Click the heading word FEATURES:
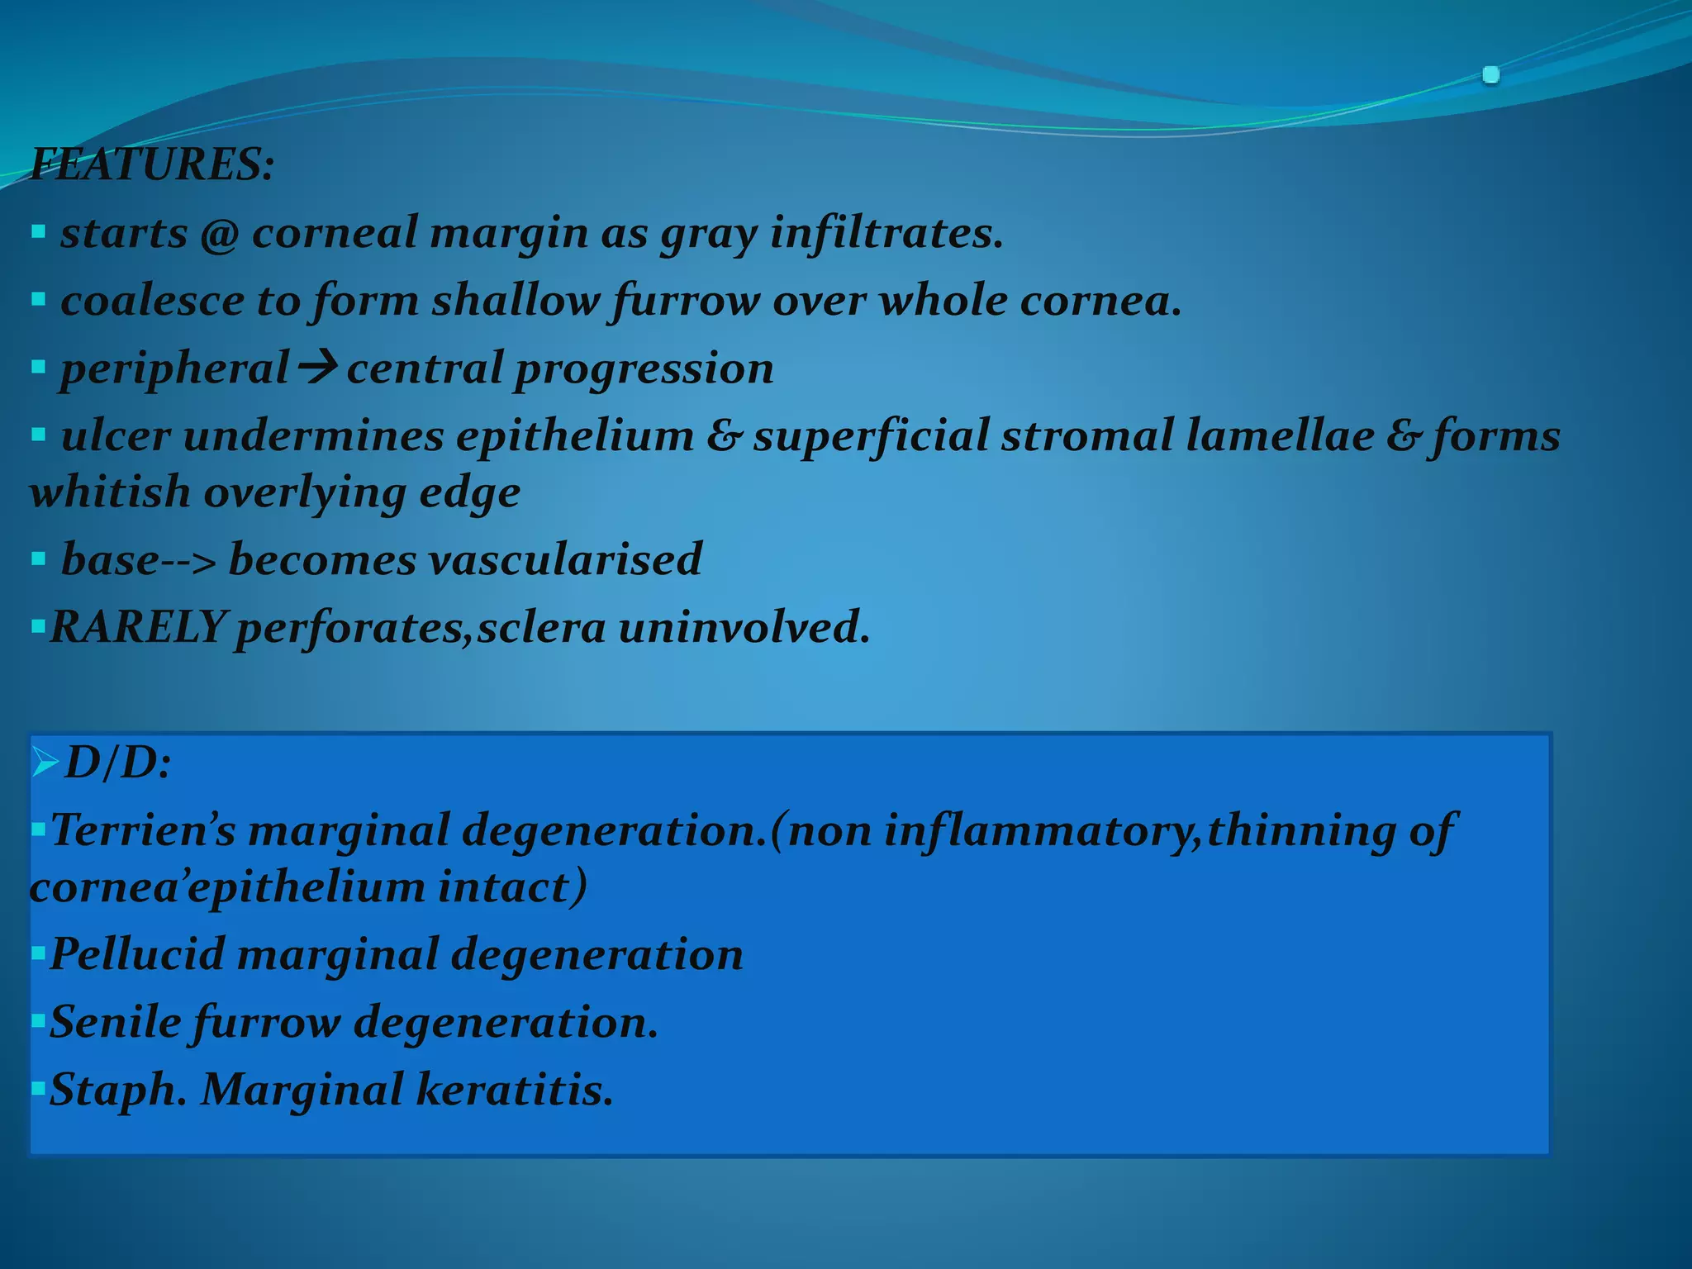click(x=152, y=164)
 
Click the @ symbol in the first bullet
click(x=219, y=234)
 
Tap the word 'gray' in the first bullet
click(x=708, y=234)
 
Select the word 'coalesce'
click(x=152, y=301)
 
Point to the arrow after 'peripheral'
click(x=316, y=367)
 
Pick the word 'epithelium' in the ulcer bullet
click(x=574, y=436)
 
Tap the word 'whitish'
click(x=110, y=492)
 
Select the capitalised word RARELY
click(x=138, y=627)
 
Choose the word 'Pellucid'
click(x=137, y=955)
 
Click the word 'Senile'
click(x=116, y=1023)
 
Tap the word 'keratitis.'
click(x=515, y=1090)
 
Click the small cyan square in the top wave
click(x=1490, y=75)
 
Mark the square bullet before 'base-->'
click(x=38, y=559)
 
